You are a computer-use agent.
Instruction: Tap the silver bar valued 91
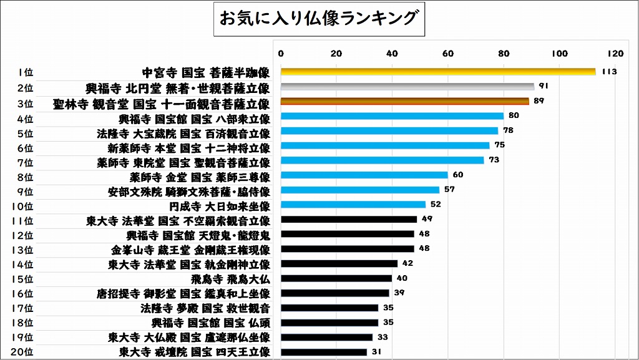(407, 87)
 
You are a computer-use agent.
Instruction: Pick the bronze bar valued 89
(405, 101)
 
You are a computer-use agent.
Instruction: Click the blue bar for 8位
(364, 175)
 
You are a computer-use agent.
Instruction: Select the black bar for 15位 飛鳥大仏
(336, 278)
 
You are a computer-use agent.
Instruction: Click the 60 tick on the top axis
(448, 53)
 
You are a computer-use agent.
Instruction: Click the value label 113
(610, 72)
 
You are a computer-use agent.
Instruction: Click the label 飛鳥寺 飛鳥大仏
(232, 278)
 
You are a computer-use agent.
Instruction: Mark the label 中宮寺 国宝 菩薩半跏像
(206, 72)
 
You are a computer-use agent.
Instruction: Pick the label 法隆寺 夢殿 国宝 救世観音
(205, 308)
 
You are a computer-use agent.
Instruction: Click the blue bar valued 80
(392, 116)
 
